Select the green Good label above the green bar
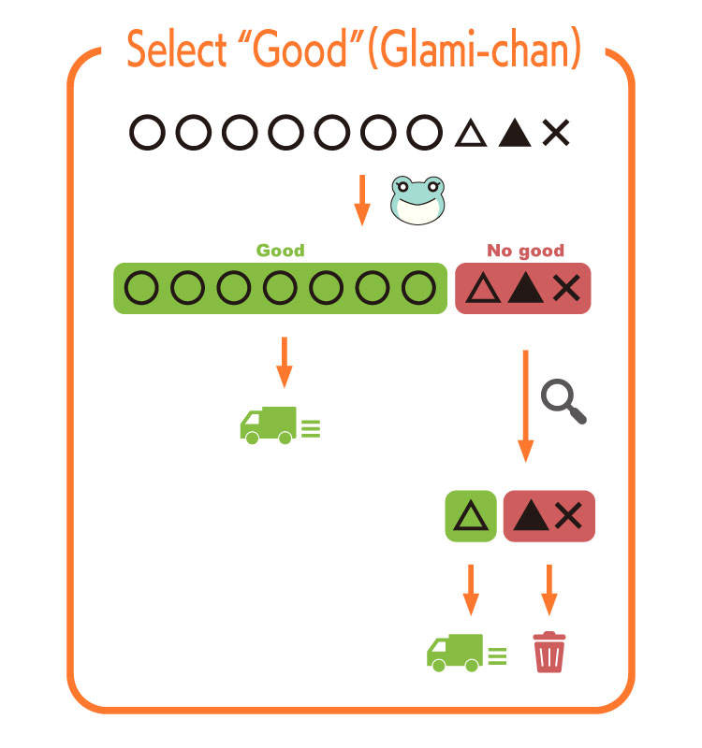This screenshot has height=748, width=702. (281, 251)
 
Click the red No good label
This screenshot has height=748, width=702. (525, 251)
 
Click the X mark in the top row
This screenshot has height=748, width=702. (555, 134)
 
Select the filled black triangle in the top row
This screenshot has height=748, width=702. (514, 134)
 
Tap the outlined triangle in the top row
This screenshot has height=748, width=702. (473, 134)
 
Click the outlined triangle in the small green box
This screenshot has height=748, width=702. (470, 516)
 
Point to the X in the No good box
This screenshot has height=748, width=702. (565, 289)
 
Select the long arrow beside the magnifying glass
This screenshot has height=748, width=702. (525, 404)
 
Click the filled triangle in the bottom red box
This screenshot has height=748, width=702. (532, 516)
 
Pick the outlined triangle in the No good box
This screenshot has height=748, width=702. (483, 289)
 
